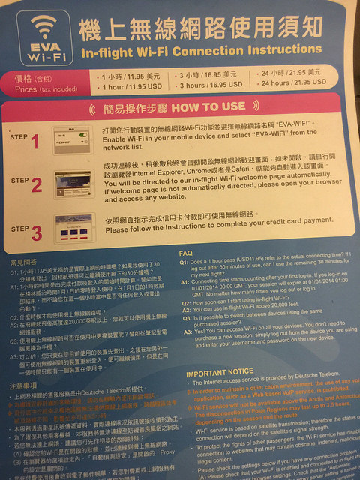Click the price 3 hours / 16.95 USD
[x=209, y=85]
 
